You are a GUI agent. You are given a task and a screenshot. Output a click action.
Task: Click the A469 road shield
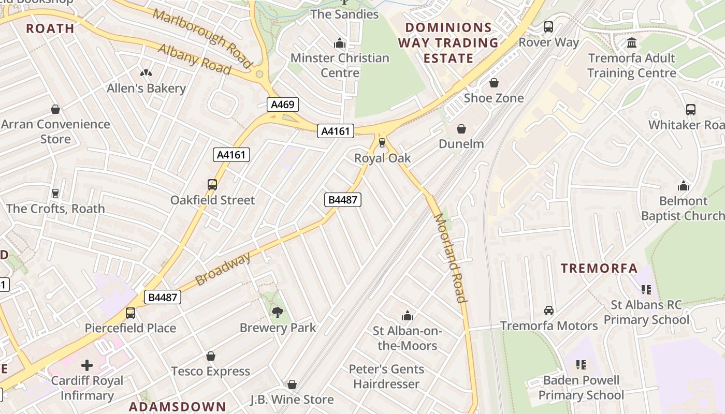(283, 105)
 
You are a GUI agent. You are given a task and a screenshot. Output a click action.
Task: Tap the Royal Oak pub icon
(382, 142)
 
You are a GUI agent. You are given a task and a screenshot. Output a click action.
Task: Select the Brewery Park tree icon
(278, 312)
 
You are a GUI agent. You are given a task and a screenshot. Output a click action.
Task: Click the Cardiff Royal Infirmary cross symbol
(87, 365)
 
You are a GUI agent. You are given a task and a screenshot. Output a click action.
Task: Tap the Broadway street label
(223, 269)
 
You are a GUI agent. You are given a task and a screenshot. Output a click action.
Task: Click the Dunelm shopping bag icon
(461, 129)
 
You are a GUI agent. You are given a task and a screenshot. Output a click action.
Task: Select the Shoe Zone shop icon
(494, 83)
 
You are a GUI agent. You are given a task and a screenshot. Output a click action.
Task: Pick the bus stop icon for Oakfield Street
(212, 185)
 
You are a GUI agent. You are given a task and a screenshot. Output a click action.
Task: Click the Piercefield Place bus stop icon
(130, 313)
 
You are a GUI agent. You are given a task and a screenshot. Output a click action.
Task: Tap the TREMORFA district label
(600, 268)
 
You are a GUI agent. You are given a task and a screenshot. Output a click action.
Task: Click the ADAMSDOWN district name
(177, 407)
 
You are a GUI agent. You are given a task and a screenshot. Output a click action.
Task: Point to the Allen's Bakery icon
(146, 73)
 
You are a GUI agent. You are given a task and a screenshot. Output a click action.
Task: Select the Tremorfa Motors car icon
(549, 310)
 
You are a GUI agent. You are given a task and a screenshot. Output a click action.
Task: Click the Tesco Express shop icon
(210, 356)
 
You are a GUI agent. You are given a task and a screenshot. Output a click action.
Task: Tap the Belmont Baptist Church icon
(684, 186)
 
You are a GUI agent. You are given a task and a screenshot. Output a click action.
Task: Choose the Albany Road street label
(194, 58)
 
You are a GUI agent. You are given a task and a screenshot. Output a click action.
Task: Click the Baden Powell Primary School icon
(581, 365)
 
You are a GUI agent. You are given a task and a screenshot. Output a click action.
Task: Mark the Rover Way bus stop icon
(548, 27)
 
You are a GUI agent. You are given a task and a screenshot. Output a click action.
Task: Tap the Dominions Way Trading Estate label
(448, 42)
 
